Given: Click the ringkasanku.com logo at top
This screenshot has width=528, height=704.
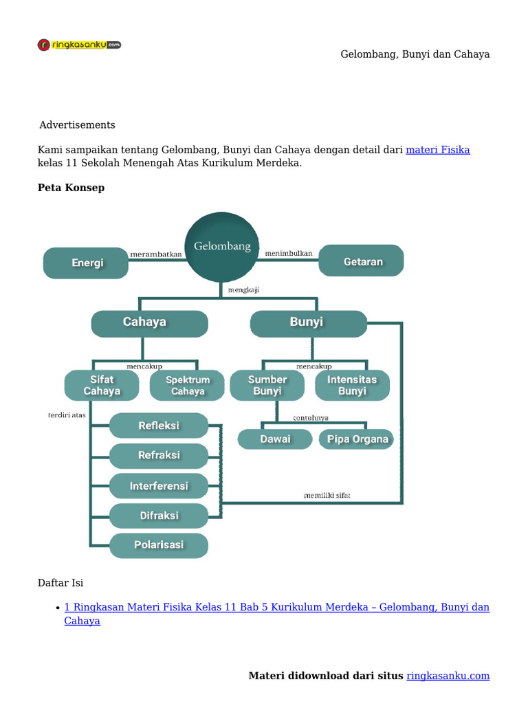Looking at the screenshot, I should coord(79,45).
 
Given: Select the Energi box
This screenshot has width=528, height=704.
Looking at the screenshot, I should coord(87,263).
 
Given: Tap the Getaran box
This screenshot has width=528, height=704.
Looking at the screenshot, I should coord(362,261).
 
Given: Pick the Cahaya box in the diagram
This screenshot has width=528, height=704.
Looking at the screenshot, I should coord(149,322).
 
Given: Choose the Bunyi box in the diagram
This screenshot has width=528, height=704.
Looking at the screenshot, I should coord(307,322).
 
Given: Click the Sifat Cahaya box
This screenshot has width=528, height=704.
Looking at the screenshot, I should coord(102,385).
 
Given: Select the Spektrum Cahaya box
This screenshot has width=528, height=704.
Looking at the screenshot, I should coord(187,385).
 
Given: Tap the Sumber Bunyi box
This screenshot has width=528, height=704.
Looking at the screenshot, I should coord(267,385).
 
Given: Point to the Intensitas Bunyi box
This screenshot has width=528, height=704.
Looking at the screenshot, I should coord(352,385).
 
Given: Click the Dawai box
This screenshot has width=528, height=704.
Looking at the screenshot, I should coord(275,439).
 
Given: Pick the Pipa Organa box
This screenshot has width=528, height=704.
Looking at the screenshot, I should coord(357,439).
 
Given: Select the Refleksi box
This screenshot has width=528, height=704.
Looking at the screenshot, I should coord(159,426).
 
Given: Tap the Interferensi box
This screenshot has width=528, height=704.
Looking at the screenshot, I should coord(159,486).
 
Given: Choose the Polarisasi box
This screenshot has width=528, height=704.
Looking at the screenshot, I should coord(159,544).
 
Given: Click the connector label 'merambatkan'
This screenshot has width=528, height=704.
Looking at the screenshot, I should coord(156,254).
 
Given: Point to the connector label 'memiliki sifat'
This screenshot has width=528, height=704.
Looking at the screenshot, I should coord(327,495).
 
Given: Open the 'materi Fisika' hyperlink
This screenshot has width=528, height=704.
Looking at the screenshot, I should coord(437,150).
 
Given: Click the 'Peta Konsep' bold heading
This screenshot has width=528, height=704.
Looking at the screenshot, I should coord(71,188).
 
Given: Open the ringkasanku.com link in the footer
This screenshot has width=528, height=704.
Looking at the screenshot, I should coord(448,676).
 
